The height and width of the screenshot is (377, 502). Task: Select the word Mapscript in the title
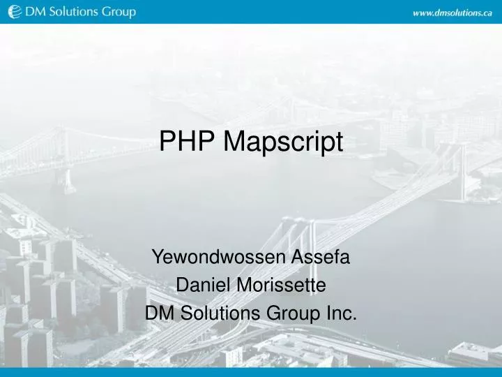click(x=284, y=142)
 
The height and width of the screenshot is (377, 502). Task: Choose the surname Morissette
click(x=282, y=286)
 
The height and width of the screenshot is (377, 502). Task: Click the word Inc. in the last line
click(x=340, y=313)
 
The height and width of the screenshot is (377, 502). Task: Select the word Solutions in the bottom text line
click(x=217, y=313)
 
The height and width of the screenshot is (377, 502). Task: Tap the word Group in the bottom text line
click(x=286, y=313)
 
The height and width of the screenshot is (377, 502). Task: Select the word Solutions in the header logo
click(x=69, y=12)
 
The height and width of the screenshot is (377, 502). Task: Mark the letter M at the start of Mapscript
click(x=234, y=142)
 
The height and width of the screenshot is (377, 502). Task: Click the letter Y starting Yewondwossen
click(x=158, y=258)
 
